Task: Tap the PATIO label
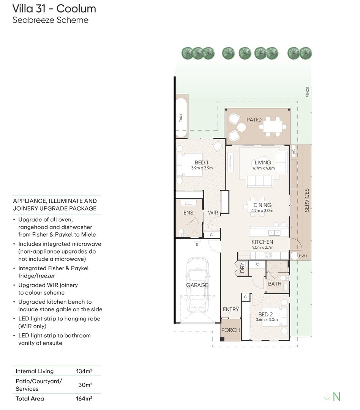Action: (x=254, y=120)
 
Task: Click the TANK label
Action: (x=181, y=118)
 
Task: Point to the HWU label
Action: (x=303, y=256)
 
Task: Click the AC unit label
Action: (x=294, y=151)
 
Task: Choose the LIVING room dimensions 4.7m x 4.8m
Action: (x=264, y=168)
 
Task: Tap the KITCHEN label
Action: (x=262, y=242)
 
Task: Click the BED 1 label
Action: (x=201, y=162)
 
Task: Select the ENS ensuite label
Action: (x=188, y=213)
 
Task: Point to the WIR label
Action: (x=213, y=213)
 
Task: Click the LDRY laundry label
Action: (x=242, y=268)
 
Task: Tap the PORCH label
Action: (x=231, y=330)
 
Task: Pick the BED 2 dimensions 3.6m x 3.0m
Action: (x=267, y=320)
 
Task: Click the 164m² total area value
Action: (x=84, y=399)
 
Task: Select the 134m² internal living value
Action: (x=84, y=371)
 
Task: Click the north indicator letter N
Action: (x=337, y=397)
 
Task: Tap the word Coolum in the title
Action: (x=76, y=9)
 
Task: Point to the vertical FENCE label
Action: (x=308, y=92)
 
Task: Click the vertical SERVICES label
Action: (x=307, y=200)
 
